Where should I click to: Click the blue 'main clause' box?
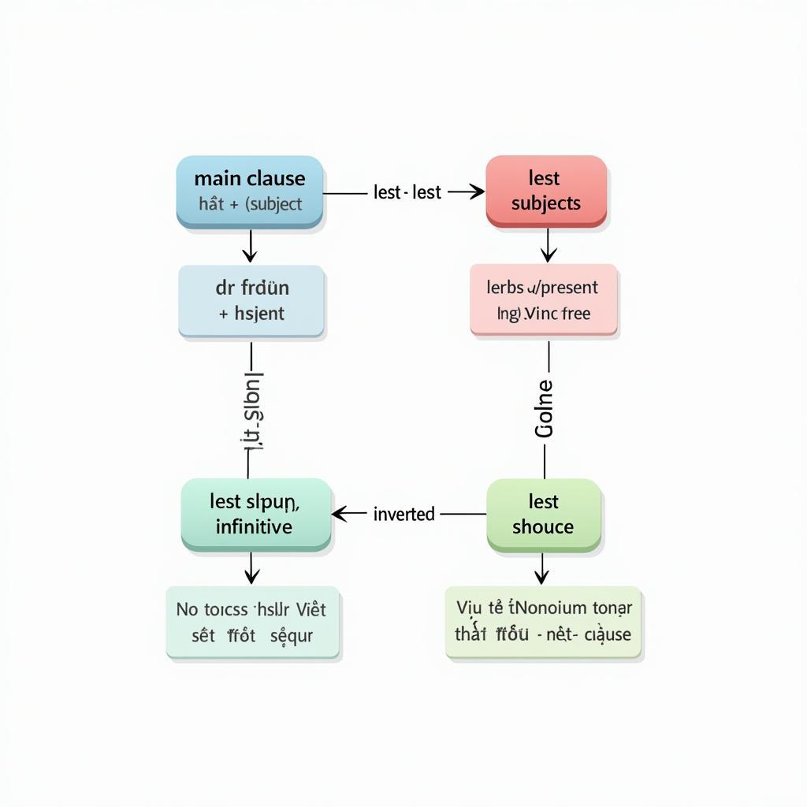pos(250,192)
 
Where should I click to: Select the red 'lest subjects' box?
pos(545,192)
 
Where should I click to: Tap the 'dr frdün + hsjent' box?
pos(251,300)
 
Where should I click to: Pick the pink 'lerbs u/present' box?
pos(543,300)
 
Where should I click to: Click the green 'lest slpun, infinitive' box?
pos(255,514)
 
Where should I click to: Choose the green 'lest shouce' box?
pos(543,514)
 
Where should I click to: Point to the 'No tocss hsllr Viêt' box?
pos(252,622)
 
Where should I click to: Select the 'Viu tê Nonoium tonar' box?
pos(543,622)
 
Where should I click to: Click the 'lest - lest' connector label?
pos(407,192)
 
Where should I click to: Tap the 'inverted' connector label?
pos(403,514)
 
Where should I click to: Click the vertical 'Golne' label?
pos(545,408)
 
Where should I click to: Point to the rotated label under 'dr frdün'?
pos(252,410)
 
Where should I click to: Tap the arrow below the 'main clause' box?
pos(250,247)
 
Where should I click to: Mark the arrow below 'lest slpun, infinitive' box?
pos(251,569)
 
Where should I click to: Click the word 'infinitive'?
pos(254,526)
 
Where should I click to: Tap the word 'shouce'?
pos(543,526)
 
